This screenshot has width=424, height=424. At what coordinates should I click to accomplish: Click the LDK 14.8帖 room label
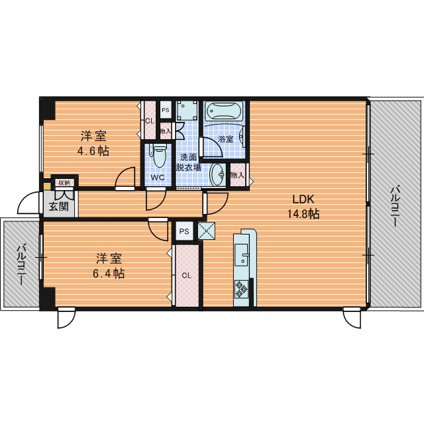click(x=303, y=207)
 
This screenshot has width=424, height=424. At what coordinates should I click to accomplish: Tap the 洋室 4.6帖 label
click(x=93, y=143)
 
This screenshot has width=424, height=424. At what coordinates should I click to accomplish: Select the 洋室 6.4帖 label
click(x=109, y=266)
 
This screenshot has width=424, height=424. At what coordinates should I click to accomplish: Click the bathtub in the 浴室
click(x=223, y=111)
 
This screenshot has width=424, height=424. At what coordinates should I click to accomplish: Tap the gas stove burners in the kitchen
click(x=241, y=289)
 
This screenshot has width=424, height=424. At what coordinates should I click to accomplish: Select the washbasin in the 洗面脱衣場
click(x=218, y=174)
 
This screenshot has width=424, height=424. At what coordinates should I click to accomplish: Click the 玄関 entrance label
click(x=59, y=207)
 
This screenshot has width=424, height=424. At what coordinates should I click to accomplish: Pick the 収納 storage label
click(x=64, y=183)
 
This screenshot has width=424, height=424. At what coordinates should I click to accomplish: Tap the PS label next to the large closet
click(x=184, y=231)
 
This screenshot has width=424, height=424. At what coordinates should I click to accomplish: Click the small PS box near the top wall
click(x=166, y=110)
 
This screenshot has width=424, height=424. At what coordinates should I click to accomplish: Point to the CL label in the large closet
click(x=187, y=276)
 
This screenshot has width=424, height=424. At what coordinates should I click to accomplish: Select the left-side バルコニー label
click(x=22, y=264)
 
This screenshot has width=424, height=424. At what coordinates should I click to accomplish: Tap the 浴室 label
click(x=226, y=139)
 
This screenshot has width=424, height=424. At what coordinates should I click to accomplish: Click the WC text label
click(x=158, y=178)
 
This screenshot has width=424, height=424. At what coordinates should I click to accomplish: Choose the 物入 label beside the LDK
click(x=237, y=175)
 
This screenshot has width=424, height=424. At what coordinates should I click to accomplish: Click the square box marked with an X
click(x=207, y=231)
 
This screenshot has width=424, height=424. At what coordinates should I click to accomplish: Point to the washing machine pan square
click(x=187, y=111)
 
